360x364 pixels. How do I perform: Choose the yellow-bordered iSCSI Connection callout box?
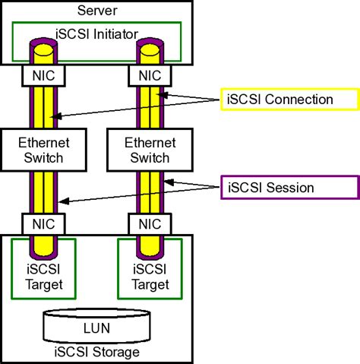289,100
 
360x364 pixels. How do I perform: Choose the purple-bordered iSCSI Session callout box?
289,187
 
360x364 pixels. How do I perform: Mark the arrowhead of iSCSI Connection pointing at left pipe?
51,117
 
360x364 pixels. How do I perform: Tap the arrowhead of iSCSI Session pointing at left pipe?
62,201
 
